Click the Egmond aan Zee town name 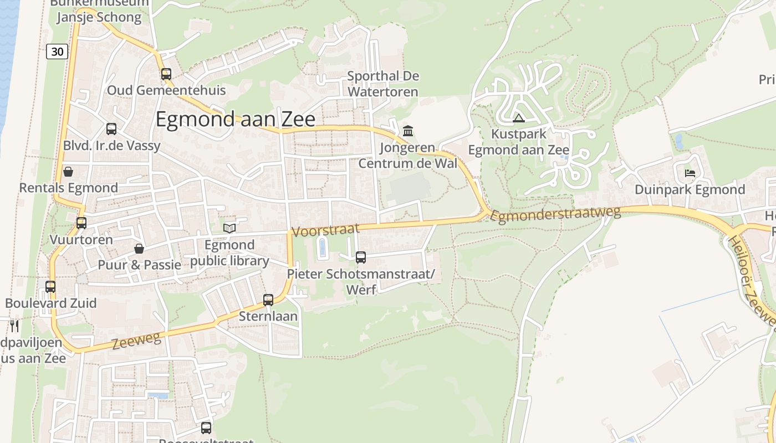pyautogui.click(x=235, y=120)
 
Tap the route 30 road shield pyautogui.click(x=57, y=51)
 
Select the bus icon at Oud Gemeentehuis pyautogui.click(x=166, y=74)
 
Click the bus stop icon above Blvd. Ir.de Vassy pyautogui.click(x=111, y=129)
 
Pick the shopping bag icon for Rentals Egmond pyautogui.click(x=68, y=172)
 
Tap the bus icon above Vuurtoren pyautogui.click(x=81, y=223)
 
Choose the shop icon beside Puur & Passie pyautogui.click(x=139, y=249)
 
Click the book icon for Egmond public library pyautogui.click(x=229, y=228)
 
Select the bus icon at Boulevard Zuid pyautogui.click(x=50, y=287)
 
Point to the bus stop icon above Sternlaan pyautogui.click(x=268, y=300)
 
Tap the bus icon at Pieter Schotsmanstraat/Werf pyautogui.click(x=361, y=257)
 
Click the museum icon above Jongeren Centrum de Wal pyautogui.click(x=409, y=131)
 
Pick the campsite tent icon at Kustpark pyautogui.click(x=519, y=117)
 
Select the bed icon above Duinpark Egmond pyautogui.click(x=690, y=173)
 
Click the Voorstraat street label pyautogui.click(x=325, y=230)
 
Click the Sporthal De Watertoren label pyautogui.click(x=382, y=84)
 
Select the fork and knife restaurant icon pyautogui.click(x=14, y=326)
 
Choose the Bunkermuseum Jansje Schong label pyautogui.click(x=99, y=11)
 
